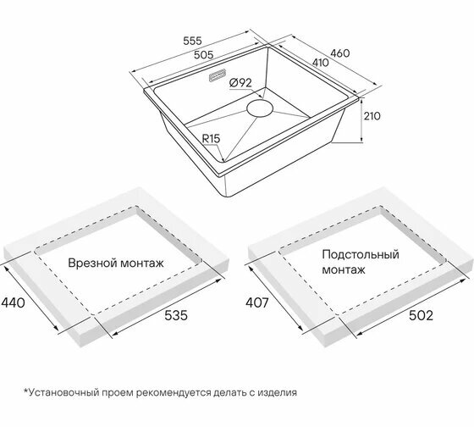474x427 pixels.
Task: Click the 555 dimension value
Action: (192, 41)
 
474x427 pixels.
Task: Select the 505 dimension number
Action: (203, 55)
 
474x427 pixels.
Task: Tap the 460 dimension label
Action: (339, 53)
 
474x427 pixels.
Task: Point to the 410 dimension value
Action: (320, 63)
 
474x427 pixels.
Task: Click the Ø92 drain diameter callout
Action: (240, 83)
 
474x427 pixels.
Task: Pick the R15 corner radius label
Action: (211, 139)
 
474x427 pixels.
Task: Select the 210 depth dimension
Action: (372, 116)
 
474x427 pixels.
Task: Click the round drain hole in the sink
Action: (260, 109)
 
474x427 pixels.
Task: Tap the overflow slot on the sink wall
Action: (217, 75)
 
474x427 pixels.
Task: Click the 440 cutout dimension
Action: (13, 302)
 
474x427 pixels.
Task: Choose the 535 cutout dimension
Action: (176, 315)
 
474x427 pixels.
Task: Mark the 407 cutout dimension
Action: (257, 302)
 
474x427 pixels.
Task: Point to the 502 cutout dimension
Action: (421, 315)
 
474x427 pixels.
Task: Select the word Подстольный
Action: (361, 254)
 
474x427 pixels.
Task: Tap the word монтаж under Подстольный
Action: (344, 269)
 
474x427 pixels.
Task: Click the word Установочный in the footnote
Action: (64, 392)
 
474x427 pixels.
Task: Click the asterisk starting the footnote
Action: (26, 391)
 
